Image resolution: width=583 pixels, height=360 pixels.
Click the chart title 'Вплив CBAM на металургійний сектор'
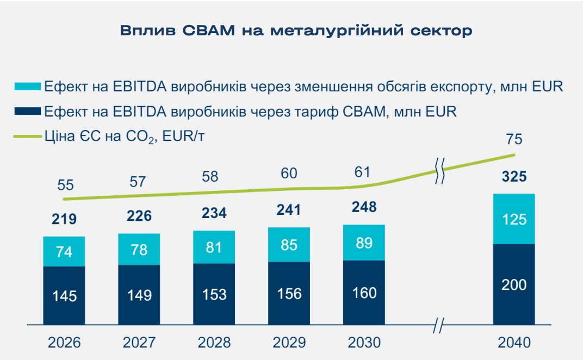pos(296,30)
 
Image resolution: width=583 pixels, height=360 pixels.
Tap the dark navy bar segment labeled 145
pos(64,296)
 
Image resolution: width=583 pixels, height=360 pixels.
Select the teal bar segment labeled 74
pos(64,252)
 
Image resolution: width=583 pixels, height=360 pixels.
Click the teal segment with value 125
pos(514,219)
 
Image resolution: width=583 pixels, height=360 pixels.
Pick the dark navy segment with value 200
pos(514,284)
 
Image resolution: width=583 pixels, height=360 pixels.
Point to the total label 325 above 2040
pos(514,177)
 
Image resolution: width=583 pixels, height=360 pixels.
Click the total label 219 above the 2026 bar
pos(64,219)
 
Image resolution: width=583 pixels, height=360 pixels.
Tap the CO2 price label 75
pos(514,139)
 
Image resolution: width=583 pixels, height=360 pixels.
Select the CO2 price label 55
pos(65,185)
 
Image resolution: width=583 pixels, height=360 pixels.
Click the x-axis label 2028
pos(214,343)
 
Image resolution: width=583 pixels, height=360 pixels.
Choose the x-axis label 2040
pos(514,343)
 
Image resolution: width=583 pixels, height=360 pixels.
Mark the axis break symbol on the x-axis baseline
pos(439,327)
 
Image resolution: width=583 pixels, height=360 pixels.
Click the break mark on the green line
pos(439,172)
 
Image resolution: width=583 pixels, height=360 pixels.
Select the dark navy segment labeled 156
pos(289,294)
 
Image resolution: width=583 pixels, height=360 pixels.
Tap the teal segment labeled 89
pos(364,243)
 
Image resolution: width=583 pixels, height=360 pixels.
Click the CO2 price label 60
pos(289,173)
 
